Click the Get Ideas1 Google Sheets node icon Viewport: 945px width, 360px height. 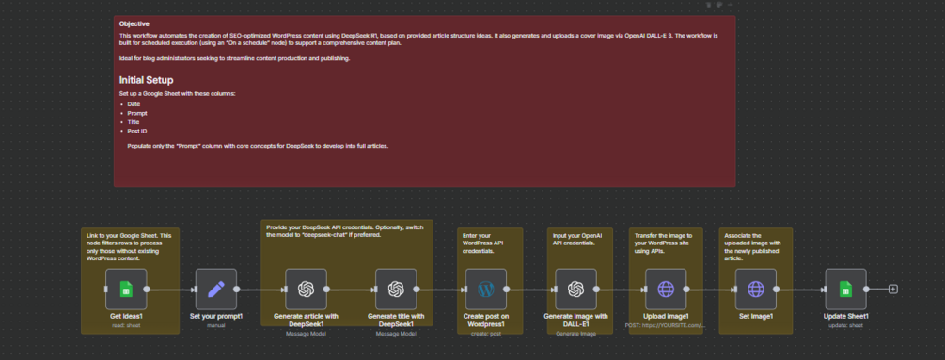(125, 289)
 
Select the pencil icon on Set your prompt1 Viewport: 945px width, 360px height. (215, 289)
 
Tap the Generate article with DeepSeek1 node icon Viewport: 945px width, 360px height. (306, 289)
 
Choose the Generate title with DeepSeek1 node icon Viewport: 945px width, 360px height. (396, 289)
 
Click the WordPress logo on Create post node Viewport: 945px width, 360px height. (486, 289)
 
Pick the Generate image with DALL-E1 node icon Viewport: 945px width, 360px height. (576, 289)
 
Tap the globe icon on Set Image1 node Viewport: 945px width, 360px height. (756, 289)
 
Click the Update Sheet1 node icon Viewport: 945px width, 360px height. (845, 289)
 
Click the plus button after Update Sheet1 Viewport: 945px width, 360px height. (893, 290)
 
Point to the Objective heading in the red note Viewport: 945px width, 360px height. (134, 23)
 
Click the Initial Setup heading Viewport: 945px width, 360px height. (146, 80)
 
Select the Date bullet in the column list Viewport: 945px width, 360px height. (134, 104)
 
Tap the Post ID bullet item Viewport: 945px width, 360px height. (137, 130)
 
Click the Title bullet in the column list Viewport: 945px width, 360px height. (133, 121)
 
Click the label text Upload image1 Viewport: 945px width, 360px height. (667, 317)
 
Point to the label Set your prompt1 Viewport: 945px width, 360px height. (215, 317)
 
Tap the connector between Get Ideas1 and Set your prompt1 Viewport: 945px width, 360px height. (170, 290)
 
